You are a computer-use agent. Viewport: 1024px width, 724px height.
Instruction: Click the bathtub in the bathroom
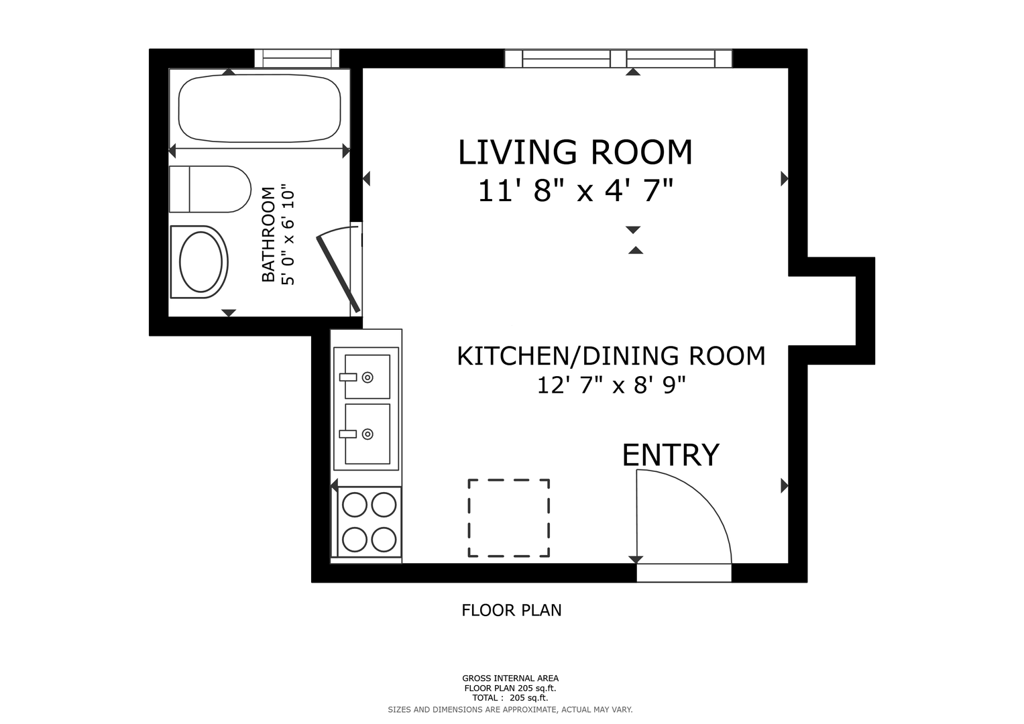pyautogui.click(x=260, y=109)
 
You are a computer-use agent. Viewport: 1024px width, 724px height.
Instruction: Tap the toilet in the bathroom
pyautogui.click(x=210, y=189)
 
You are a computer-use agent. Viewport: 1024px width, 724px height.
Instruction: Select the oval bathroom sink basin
pyautogui.click(x=201, y=262)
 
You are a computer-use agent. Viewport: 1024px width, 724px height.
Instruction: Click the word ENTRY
pyautogui.click(x=671, y=455)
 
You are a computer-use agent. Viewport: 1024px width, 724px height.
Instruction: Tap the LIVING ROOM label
pyautogui.click(x=575, y=152)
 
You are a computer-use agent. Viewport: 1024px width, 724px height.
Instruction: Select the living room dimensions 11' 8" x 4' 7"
pyautogui.click(x=575, y=190)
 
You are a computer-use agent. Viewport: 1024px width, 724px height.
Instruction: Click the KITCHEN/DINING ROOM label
pyautogui.click(x=611, y=356)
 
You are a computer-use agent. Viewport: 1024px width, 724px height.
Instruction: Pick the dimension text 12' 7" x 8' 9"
pyautogui.click(x=611, y=385)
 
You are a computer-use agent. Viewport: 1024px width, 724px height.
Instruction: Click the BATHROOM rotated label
pyautogui.click(x=268, y=235)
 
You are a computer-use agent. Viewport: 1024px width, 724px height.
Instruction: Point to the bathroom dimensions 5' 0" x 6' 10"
pyautogui.click(x=288, y=235)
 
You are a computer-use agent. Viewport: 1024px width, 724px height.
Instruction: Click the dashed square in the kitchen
pyautogui.click(x=509, y=518)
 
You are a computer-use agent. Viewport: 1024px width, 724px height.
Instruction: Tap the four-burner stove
pyautogui.click(x=369, y=522)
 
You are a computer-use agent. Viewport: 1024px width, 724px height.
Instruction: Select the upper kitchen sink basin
pyautogui.click(x=367, y=377)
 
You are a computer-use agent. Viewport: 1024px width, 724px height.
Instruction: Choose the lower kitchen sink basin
pyautogui.click(x=367, y=434)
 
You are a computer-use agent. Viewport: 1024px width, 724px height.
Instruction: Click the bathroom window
pyautogui.click(x=296, y=58)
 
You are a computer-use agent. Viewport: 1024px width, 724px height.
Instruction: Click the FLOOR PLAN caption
pyautogui.click(x=512, y=610)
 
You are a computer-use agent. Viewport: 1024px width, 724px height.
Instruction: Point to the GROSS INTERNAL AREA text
pyautogui.click(x=510, y=678)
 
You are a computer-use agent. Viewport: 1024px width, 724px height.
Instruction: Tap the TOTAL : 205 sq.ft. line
pyautogui.click(x=510, y=698)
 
